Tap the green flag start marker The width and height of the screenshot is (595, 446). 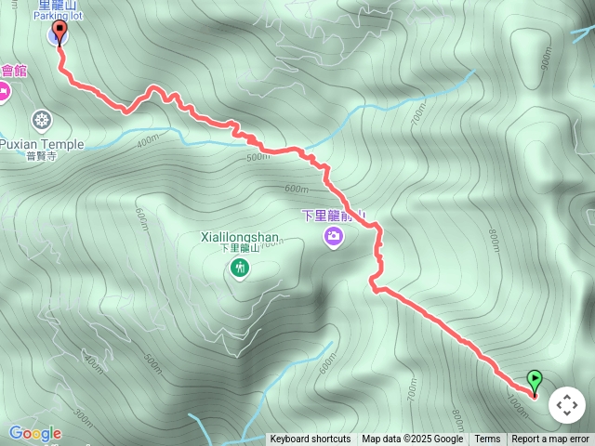coord(535,380)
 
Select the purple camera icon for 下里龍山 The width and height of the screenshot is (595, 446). coord(333,238)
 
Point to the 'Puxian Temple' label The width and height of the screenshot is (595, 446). coord(42,144)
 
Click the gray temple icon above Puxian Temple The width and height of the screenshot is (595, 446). coord(41,119)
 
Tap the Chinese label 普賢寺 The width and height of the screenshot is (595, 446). coord(41,157)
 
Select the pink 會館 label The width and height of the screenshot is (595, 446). coord(14,71)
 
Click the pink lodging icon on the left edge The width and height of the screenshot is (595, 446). coord(4,90)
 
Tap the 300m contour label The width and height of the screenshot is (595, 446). coord(82,414)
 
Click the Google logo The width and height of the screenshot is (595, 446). coord(35,433)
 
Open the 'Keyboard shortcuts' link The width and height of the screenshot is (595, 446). coord(311,439)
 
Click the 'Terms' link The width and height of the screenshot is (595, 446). coord(487,439)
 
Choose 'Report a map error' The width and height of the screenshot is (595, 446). coord(550,439)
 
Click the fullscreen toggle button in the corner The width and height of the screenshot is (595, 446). coord(567,405)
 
